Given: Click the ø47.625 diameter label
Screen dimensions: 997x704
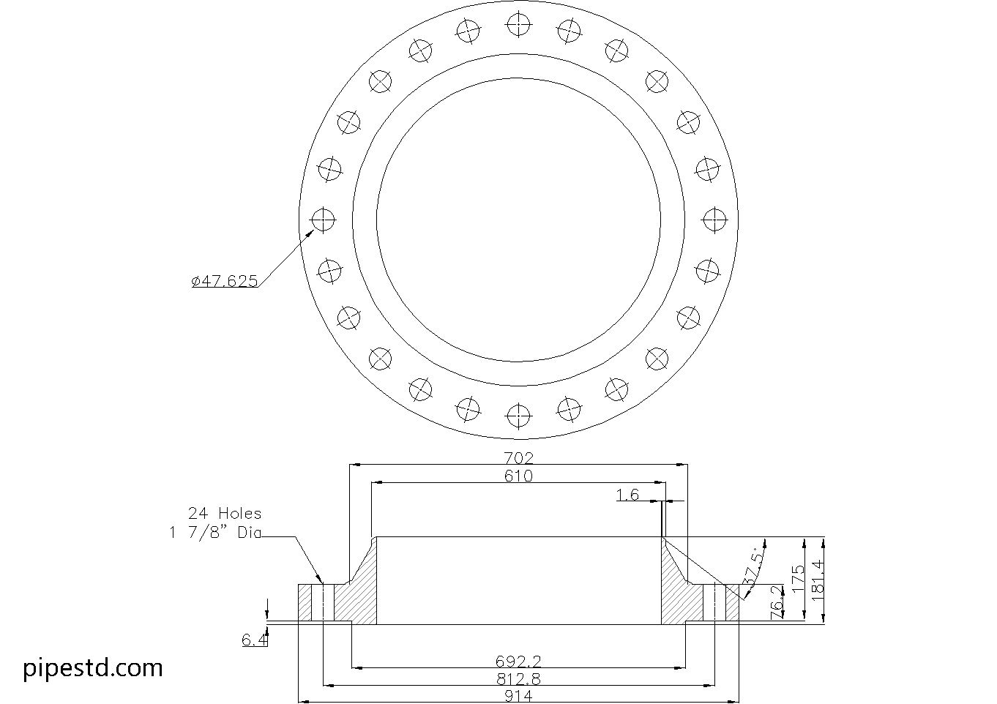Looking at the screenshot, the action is pos(225,281).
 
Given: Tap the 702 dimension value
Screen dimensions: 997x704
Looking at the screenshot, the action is pos(518,458).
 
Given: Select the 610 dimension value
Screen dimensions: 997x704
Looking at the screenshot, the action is pos(518,476).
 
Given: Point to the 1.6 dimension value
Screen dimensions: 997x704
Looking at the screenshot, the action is pos(627,495).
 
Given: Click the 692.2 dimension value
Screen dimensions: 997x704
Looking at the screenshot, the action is pos(518,662).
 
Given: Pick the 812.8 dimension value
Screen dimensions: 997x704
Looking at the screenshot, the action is pos(518,679).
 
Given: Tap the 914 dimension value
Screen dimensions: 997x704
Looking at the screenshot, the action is pos(518,695).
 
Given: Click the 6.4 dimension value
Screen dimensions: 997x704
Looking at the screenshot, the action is pos(255,640).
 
